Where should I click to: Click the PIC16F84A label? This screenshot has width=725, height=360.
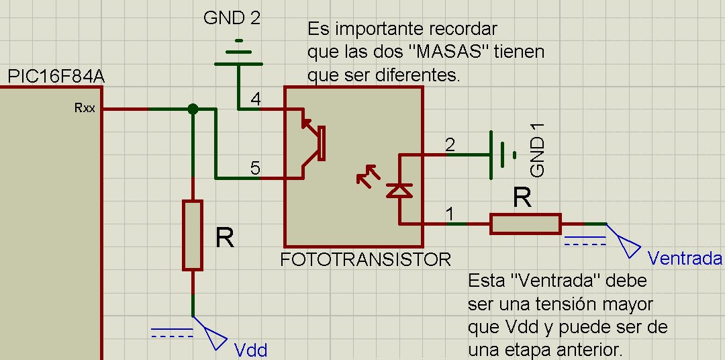pyautogui.click(x=56, y=78)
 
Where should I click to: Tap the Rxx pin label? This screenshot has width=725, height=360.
pyautogui.click(x=85, y=107)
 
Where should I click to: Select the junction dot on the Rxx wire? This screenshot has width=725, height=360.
pyautogui.click(x=193, y=109)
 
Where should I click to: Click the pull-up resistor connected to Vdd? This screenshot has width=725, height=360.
pyautogui.click(x=193, y=234)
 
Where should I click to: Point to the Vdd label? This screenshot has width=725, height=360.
pyautogui.click(x=250, y=350)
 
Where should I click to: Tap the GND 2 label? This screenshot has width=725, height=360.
pyautogui.click(x=232, y=18)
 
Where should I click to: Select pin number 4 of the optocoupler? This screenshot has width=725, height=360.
pyautogui.click(x=255, y=99)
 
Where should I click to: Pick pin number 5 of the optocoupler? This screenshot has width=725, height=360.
pyautogui.click(x=255, y=168)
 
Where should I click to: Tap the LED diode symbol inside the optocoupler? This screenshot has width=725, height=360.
pyautogui.click(x=400, y=191)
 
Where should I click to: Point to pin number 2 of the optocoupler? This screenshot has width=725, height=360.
pyautogui.click(x=450, y=144)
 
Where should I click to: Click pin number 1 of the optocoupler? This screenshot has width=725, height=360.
pyautogui.click(x=450, y=214)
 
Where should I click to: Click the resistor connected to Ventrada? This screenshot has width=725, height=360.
pyautogui.click(x=525, y=224)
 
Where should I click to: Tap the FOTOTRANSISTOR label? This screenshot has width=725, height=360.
pyautogui.click(x=366, y=259)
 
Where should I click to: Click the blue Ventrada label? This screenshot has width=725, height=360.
pyautogui.click(x=685, y=259)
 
